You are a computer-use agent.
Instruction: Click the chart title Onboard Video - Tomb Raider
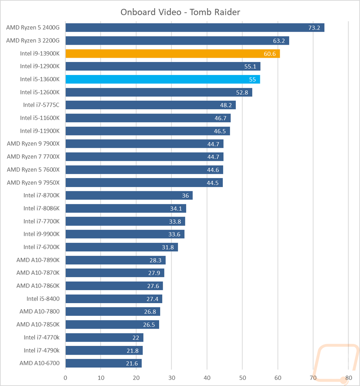click(180, 12)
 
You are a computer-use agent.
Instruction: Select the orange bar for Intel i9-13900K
click(173, 54)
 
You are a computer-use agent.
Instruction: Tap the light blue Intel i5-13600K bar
click(163, 79)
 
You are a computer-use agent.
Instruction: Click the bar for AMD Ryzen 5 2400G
click(195, 27)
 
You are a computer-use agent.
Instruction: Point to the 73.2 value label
click(314, 28)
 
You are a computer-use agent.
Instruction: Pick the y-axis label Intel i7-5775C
click(41, 105)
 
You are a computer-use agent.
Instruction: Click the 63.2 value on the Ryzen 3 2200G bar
click(279, 41)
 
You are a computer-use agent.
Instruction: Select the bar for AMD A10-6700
click(104, 363)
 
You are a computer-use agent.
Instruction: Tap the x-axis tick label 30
click(172, 378)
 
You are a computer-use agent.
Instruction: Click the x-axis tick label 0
click(66, 378)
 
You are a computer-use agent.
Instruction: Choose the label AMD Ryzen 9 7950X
click(33, 183)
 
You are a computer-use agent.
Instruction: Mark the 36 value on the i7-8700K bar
click(185, 196)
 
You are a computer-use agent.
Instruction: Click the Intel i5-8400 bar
click(114, 299)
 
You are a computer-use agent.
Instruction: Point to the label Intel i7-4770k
click(41, 337)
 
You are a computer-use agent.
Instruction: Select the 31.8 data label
click(168, 247)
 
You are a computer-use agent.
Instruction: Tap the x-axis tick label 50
click(242, 378)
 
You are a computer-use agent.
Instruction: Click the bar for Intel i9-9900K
click(125, 234)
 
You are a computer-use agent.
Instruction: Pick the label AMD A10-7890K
click(38, 260)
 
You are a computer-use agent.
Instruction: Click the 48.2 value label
click(226, 105)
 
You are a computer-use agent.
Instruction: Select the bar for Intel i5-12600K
click(159, 92)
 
